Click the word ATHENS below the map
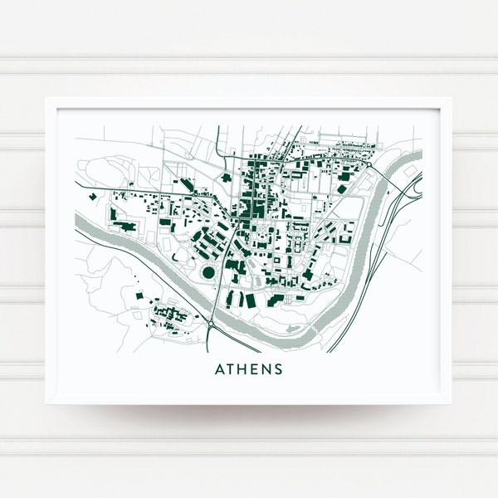[x=249, y=369]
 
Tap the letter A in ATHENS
[x=219, y=369]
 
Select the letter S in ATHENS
[x=278, y=369]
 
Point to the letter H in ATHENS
[x=242, y=369]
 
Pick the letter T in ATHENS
[x=231, y=369]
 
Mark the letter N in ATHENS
[x=266, y=369]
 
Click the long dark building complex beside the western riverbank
[x=124, y=225]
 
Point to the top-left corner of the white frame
[x=46, y=99]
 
